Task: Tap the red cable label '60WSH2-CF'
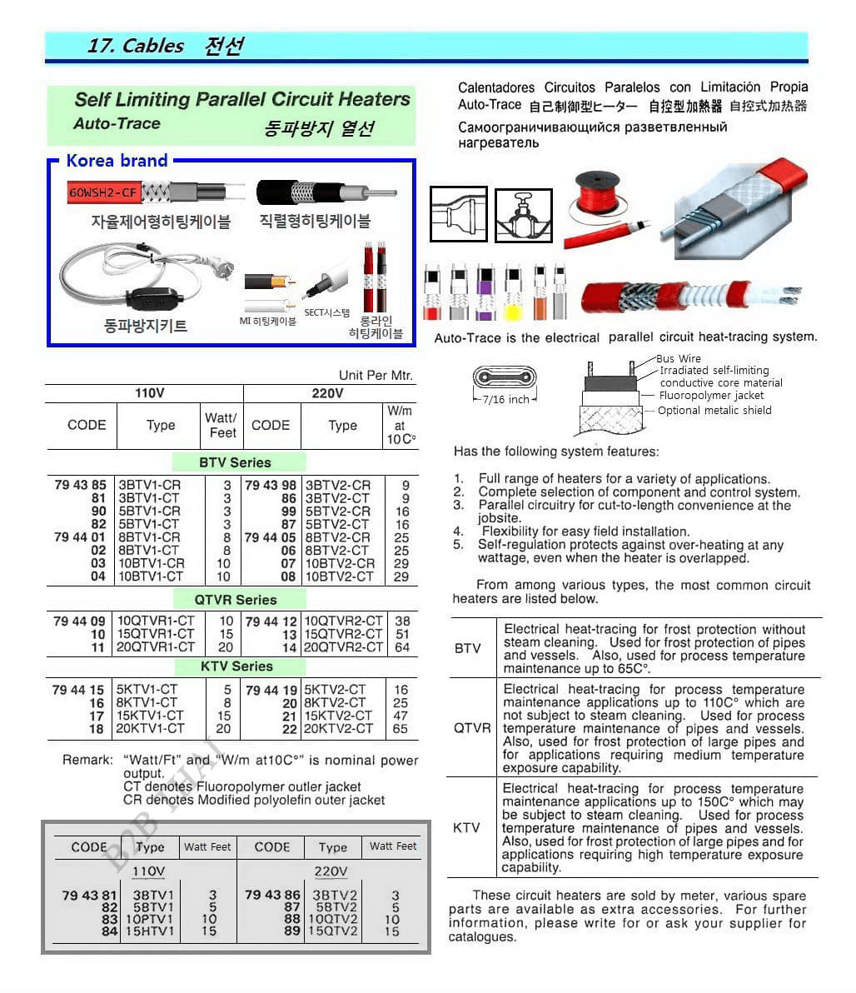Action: click(102, 192)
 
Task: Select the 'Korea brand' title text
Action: click(117, 161)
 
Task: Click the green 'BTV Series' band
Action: click(236, 462)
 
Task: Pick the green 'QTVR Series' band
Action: click(236, 600)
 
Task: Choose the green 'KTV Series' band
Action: click(236, 666)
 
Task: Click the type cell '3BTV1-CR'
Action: click(150, 485)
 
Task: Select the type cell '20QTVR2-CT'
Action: click(343, 647)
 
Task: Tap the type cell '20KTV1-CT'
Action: click(151, 728)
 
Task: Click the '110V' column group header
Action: click(149, 393)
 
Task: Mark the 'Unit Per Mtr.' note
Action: click(376, 376)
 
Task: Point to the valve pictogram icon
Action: click(524, 216)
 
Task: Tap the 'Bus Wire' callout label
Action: click(679, 359)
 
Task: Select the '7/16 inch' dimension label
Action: click(505, 400)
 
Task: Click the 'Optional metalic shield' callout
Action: click(714, 411)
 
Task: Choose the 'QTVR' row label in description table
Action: click(472, 728)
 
